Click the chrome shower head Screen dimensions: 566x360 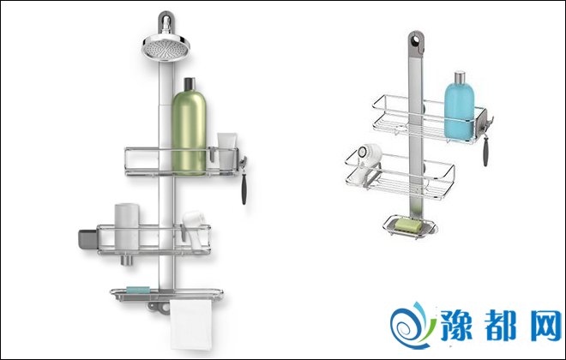coord(166,46)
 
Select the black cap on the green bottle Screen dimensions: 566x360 coord(190,84)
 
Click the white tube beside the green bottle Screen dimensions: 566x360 coord(226,151)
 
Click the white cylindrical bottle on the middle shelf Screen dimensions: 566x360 coord(127,226)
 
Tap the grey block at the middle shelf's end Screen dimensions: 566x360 coord(87,239)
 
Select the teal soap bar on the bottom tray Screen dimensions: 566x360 coord(138,290)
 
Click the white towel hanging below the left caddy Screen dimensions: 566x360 coord(191,325)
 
